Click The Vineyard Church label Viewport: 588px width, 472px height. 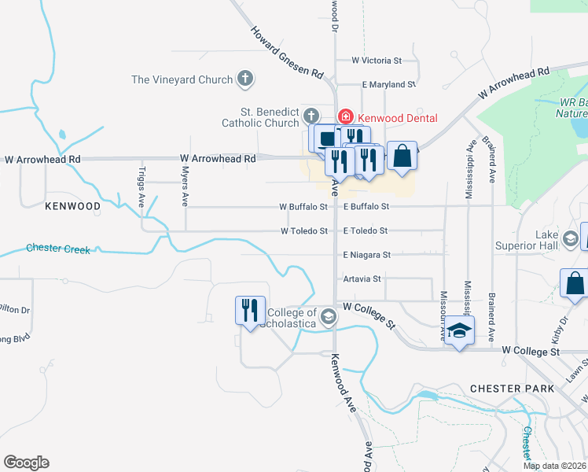(x=182, y=79)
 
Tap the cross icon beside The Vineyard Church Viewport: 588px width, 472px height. (x=246, y=79)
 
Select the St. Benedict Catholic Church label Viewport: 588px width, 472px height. (x=260, y=117)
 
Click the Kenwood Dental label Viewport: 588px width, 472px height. (x=397, y=118)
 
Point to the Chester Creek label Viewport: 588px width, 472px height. (x=58, y=248)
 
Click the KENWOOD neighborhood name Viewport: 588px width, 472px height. (x=72, y=206)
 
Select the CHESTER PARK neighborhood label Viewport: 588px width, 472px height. (x=512, y=389)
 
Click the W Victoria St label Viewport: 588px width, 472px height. (x=377, y=60)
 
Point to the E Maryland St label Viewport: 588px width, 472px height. (x=388, y=84)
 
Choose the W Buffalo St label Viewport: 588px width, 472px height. (x=303, y=207)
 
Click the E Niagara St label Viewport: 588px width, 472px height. (x=366, y=255)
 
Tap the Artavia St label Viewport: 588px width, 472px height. (x=362, y=278)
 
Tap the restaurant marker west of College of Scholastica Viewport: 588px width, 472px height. (x=249, y=310)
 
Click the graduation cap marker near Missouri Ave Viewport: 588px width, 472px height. (x=460, y=333)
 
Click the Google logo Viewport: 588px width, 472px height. (x=26, y=463)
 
